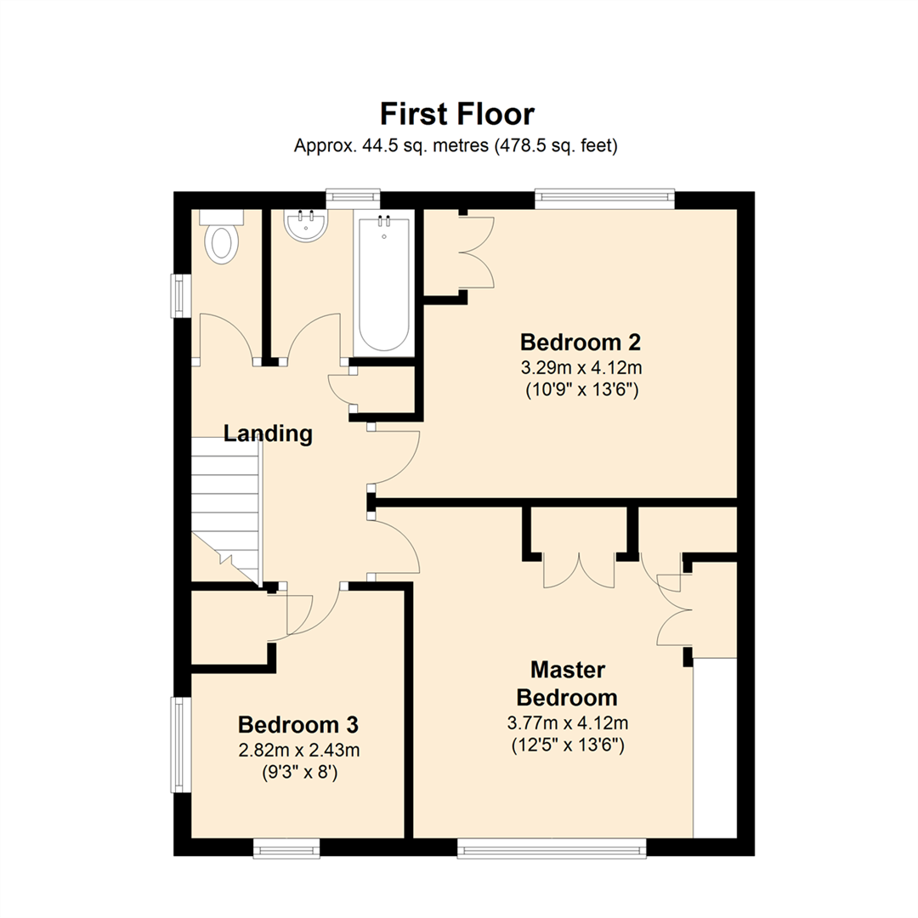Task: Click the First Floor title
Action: click(456, 114)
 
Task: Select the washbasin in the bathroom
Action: click(306, 226)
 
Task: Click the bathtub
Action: click(383, 285)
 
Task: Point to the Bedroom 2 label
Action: click(580, 343)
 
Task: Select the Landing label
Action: click(268, 433)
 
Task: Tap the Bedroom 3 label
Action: click(297, 725)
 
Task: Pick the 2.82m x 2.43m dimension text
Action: click(297, 751)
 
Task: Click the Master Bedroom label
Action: click(567, 683)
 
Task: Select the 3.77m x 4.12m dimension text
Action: click(567, 723)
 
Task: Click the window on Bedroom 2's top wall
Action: click(605, 199)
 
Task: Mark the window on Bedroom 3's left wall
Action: click(180, 744)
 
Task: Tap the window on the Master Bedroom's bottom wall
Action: click(552, 847)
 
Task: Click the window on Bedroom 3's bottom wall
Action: click(286, 847)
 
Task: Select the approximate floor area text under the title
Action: click(456, 146)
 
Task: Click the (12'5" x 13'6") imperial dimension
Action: click(567, 746)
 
